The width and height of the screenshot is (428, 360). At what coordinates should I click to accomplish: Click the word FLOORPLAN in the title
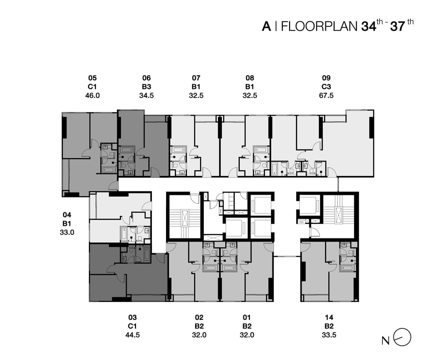pos(319,27)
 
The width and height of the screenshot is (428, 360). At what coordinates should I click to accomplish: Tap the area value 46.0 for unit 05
pos(93,95)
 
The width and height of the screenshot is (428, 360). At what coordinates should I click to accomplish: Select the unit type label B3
pos(147,87)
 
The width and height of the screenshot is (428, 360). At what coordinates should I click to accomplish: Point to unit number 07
pos(196,78)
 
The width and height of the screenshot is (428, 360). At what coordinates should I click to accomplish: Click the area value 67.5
pos(326,95)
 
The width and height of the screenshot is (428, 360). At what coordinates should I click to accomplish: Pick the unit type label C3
pos(326,87)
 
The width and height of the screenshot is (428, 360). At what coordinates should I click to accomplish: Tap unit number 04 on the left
pos(67,215)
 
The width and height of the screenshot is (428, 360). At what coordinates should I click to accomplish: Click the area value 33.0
pos(67,232)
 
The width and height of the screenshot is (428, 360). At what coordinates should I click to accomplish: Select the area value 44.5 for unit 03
pos(132,335)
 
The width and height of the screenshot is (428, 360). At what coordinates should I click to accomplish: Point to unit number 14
pos(329,318)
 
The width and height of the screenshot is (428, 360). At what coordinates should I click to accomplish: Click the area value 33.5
pos(329,335)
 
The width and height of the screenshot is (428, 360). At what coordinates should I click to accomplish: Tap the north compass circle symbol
pos(402,337)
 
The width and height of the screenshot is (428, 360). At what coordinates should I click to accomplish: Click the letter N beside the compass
pos(386,341)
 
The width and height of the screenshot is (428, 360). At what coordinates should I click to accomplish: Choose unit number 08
pos(250,78)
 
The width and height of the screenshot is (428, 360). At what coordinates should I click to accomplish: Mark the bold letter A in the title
pos(267,27)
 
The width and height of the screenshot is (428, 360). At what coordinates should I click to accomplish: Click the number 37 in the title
pos(397,27)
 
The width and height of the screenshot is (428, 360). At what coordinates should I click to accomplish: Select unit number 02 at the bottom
pos(199,318)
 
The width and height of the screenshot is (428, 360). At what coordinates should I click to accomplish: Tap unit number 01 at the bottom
pos(247,318)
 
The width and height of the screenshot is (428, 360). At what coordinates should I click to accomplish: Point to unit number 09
pos(326,78)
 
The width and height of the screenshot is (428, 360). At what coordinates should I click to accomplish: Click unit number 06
pos(147,78)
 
